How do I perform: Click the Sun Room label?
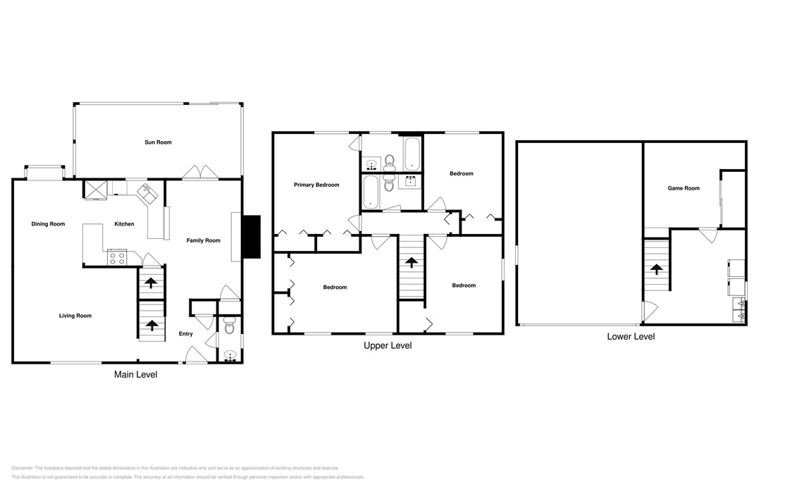click(158, 142)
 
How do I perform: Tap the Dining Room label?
click(48, 224)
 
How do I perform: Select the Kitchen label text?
click(124, 224)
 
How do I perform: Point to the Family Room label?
click(203, 241)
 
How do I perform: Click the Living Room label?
click(75, 316)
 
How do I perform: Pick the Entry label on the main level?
click(185, 334)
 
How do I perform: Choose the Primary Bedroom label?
click(316, 185)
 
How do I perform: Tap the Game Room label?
click(683, 188)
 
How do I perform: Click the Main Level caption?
click(135, 375)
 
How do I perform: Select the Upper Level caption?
click(387, 345)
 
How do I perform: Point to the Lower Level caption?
click(631, 337)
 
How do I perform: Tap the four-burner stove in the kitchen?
click(116, 258)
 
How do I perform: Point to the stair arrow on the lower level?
click(656, 269)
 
